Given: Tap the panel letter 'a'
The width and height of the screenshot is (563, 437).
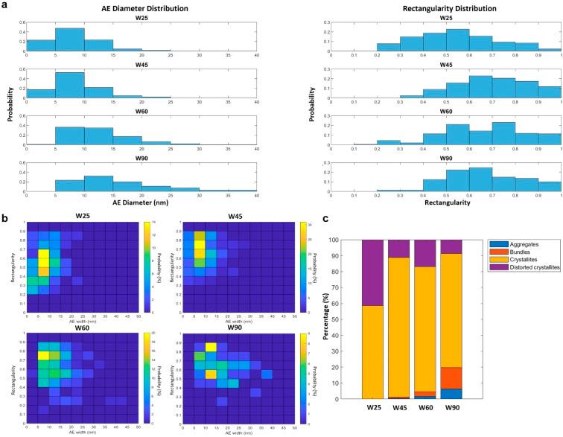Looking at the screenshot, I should click(x=4, y=5).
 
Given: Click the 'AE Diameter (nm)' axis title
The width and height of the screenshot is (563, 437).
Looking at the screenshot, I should click(x=140, y=203).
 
